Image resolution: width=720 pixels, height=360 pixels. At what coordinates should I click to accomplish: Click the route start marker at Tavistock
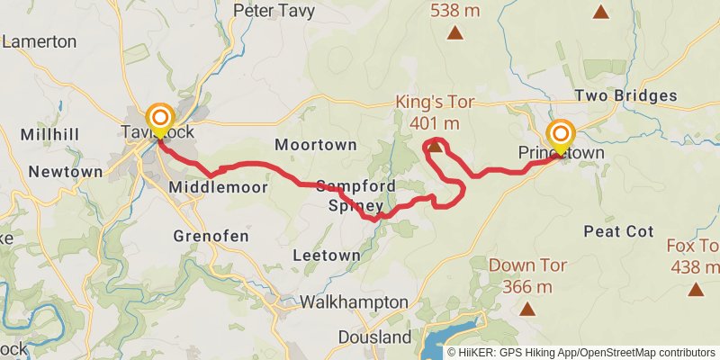(160, 118)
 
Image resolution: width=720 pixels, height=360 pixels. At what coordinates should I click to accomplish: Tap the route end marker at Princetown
(561, 135)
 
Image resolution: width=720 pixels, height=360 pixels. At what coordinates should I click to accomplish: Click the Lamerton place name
(40, 41)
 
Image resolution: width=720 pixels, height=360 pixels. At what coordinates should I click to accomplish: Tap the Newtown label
(66, 171)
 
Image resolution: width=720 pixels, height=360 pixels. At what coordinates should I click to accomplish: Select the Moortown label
(316, 144)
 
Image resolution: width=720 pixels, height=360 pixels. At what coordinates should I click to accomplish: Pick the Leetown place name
(327, 256)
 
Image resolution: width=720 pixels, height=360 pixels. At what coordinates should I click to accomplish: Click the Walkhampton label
(354, 302)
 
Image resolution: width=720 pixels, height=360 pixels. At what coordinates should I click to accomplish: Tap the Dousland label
(375, 337)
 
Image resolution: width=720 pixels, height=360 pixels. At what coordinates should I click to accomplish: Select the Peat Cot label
(618, 231)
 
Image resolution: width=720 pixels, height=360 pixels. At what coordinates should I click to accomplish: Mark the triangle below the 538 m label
(456, 34)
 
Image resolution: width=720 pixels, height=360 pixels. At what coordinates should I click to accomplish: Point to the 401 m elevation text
(434, 122)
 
